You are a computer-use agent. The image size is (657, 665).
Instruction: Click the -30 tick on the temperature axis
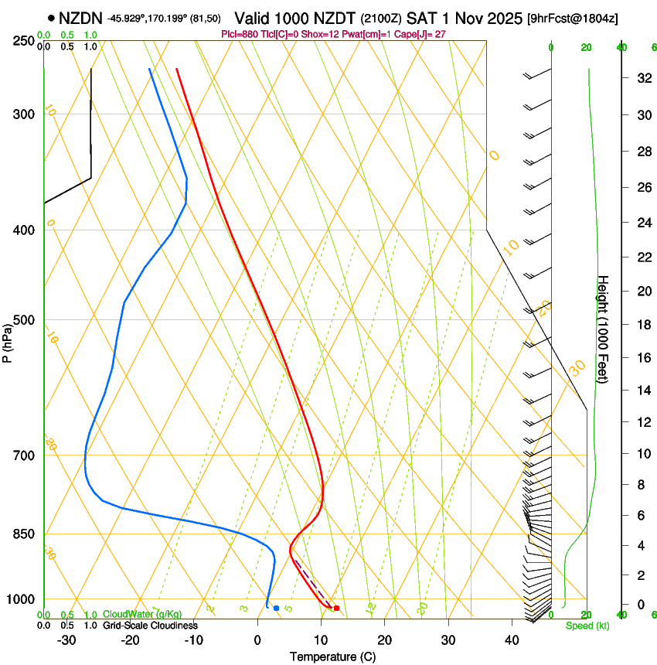click(x=66, y=639)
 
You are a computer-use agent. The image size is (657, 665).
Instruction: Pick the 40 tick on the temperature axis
click(x=512, y=639)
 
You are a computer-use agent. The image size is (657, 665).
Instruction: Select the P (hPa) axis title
click(x=8, y=341)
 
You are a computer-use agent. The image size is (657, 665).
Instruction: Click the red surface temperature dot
click(x=336, y=608)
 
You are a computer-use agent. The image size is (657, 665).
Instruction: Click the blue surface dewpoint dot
click(x=276, y=608)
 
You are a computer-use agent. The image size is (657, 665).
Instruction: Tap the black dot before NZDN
click(x=51, y=18)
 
